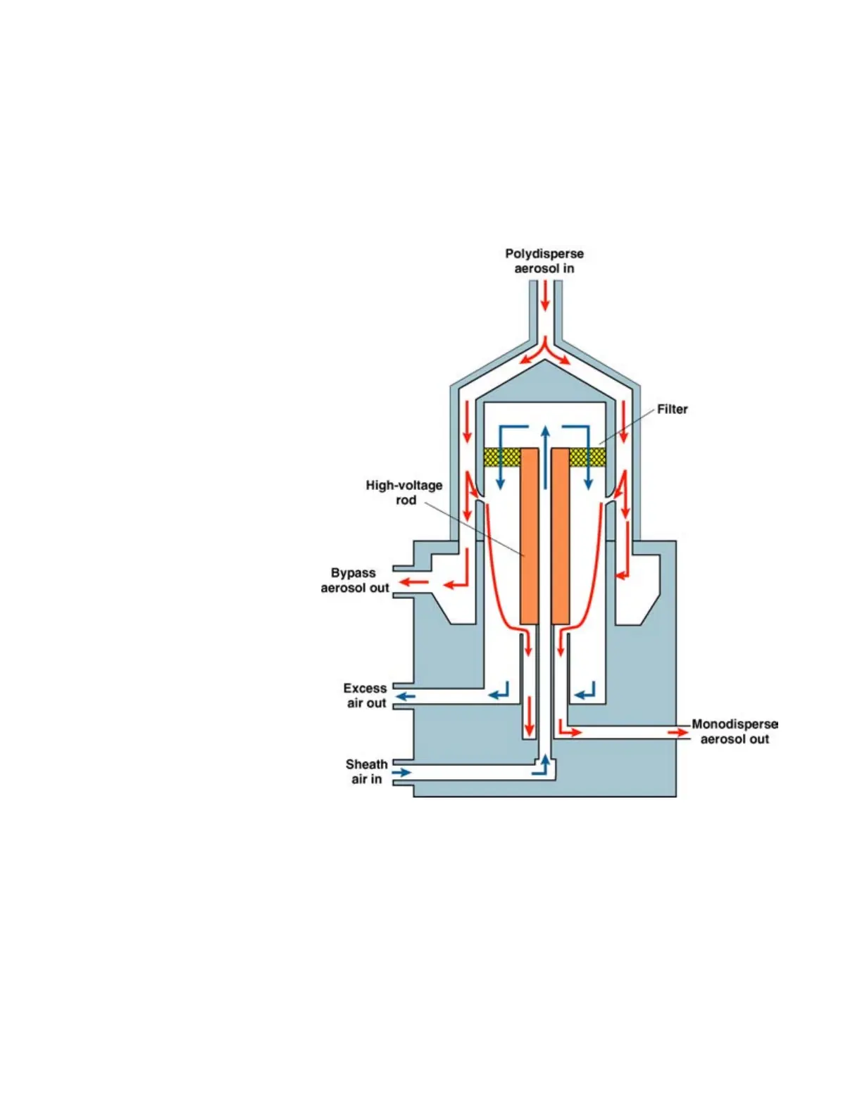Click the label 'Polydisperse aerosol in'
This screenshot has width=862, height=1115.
click(544, 260)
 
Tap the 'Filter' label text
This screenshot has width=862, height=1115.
click(672, 409)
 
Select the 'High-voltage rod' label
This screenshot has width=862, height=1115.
click(404, 493)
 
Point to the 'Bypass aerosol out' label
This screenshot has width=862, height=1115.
click(355, 581)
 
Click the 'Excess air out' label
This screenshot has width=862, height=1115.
click(366, 695)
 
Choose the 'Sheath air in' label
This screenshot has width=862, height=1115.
click(367, 771)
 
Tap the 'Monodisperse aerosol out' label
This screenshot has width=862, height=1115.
click(735, 731)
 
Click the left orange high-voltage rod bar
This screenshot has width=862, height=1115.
click(529, 536)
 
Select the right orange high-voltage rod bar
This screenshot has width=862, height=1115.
click(561, 536)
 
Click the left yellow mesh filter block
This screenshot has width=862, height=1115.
click(501, 457)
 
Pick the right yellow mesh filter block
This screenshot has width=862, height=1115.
click(587, 457)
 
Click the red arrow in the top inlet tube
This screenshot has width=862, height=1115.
click(544, 296)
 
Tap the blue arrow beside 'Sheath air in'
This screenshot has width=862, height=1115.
click(401, 773)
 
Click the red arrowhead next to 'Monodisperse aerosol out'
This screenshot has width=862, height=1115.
click(679, 733)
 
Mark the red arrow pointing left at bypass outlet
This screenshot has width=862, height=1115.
click(414, 583)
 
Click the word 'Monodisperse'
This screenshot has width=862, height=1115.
click(735, 724)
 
